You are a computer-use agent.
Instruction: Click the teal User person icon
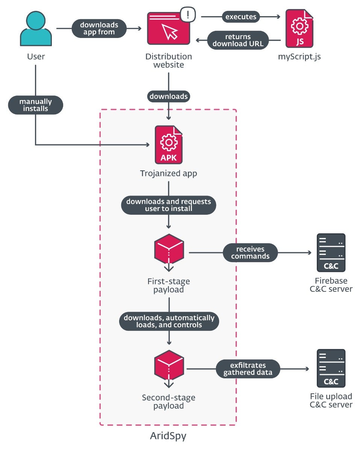[36, 30]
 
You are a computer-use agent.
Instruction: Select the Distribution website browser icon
[168, 30]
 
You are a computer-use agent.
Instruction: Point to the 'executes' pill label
[241, 17]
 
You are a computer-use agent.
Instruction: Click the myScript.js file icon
[299, 29]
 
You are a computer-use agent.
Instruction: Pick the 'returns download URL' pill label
[238, 40]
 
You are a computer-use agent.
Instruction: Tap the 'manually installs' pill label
[36, 105]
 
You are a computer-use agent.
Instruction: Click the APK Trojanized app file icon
[169, 145]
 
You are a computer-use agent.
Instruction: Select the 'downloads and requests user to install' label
[169, 205]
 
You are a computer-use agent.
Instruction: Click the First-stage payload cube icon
[169, 250]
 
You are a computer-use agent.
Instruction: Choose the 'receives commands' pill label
[250, 253]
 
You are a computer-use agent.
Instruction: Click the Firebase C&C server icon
[331, 253]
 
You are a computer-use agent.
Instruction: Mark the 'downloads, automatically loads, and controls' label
[169, 321]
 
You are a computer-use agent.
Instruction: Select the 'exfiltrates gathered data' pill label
[248, 369]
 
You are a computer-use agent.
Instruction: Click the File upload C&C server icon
[331, 369]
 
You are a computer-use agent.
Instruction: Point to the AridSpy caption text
[168, 436]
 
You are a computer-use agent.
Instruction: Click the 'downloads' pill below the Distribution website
[168, 96]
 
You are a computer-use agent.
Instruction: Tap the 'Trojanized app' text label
[168, 174]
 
